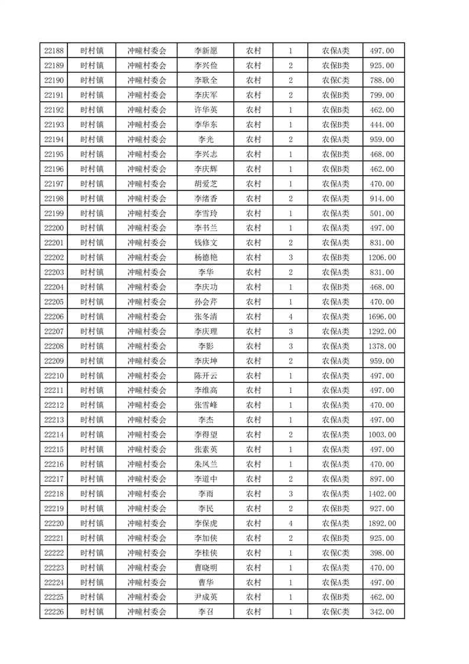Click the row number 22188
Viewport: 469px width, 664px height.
tap(54, 51)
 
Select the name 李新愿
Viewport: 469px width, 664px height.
tap(206, 51)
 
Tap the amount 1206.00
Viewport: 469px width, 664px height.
tap(381, 257)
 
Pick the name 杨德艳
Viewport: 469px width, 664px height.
tap(206, 257)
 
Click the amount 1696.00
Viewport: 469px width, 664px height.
tap(381, 317)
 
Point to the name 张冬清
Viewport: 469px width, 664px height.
tap(206, 317)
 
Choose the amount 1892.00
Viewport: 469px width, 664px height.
tap(381, 523)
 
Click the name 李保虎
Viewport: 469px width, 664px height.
tap(206, 523)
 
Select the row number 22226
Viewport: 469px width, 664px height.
tap(54, 612)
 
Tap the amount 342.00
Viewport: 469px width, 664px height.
tap(381, 612)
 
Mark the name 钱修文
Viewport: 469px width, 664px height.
tap(206, 243)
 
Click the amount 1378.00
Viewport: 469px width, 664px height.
tap(381, 346)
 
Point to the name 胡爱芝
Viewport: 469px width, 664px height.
tap(206, 184)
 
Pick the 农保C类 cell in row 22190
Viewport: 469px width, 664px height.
tap(335, 80)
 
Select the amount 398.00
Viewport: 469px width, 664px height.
tap(381, 553)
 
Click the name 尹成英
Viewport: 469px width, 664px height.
tap(206, 597)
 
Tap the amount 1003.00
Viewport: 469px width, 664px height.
tap(381, 435)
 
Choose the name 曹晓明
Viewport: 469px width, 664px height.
tap(206, 568)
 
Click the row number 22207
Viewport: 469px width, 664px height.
tap(54, 331)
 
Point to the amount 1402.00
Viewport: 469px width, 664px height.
tap(381, 494)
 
